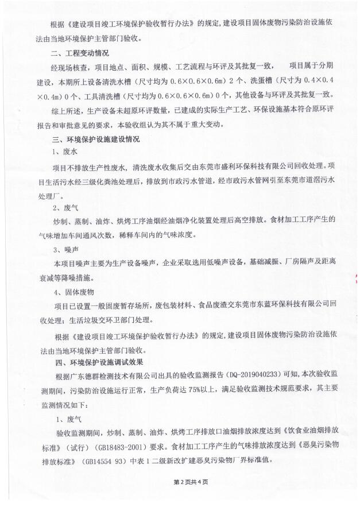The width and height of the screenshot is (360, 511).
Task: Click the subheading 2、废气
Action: [x=65, y=207]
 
